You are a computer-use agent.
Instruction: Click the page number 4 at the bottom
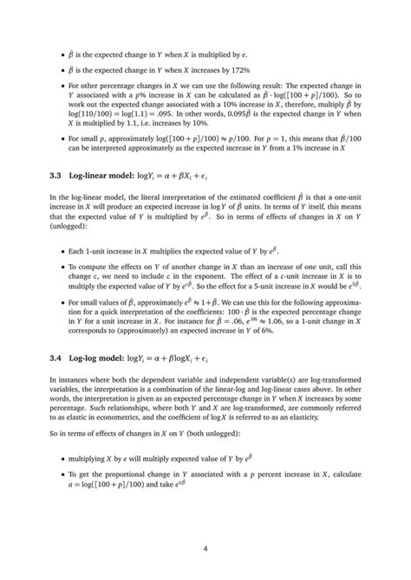205,548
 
